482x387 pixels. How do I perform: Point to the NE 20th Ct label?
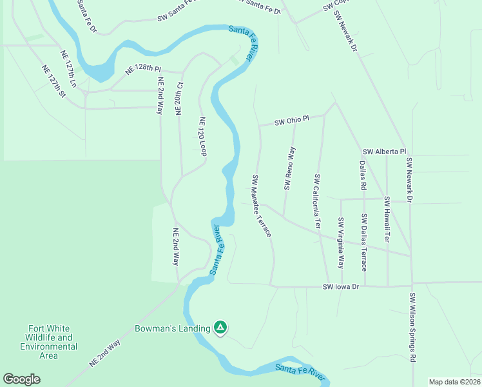(x=180, y=98)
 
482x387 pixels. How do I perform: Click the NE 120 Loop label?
(x=202, y=136)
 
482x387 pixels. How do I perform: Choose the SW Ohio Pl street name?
(x=292, y=121)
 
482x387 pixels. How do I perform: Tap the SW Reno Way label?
(x=289, y=168)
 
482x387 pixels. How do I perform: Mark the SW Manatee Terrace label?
(x=262, y=205)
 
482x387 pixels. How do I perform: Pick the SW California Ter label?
(x=317, y=201)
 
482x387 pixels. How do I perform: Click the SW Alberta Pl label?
(x=384, y=152)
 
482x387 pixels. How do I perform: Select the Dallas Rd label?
(x=363, y=175)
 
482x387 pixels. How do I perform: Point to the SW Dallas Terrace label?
(x=364, y=242)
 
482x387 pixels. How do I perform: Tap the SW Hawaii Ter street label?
(x=387, y=219)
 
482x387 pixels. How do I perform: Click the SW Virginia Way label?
(x=341, y=243)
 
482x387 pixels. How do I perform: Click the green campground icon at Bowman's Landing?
(x=220, y=328)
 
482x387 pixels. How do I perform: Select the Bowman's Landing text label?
(x=172, y=328)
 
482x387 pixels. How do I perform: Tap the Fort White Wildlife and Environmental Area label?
(x=49, y=342)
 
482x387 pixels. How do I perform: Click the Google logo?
(x=21, y=379)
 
